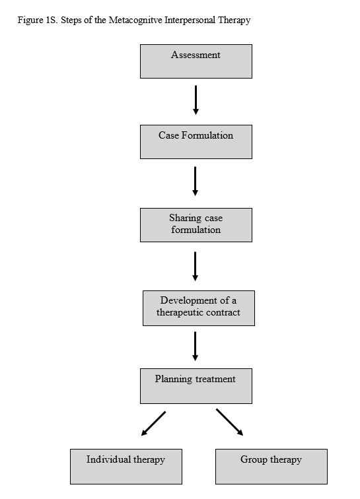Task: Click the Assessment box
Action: pos(196,61)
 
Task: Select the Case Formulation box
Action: pos(196,142)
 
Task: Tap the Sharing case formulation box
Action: pos(196,225)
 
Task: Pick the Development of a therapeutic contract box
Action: pos(198,308)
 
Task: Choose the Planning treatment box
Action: pos(196,386)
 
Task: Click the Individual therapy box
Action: pos(126,467)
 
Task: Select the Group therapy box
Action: pos(271,467)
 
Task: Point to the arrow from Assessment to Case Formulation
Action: pos(196,100)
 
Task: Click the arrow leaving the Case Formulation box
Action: pos(196,181)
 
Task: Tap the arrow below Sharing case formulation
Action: pos(196,266)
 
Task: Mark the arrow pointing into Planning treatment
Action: pos(196,346)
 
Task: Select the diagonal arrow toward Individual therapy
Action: pos(153,423)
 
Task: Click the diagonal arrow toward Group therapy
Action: pos(229,422)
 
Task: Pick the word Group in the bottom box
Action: pos(253,459)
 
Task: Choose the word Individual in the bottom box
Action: pos(108,459)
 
